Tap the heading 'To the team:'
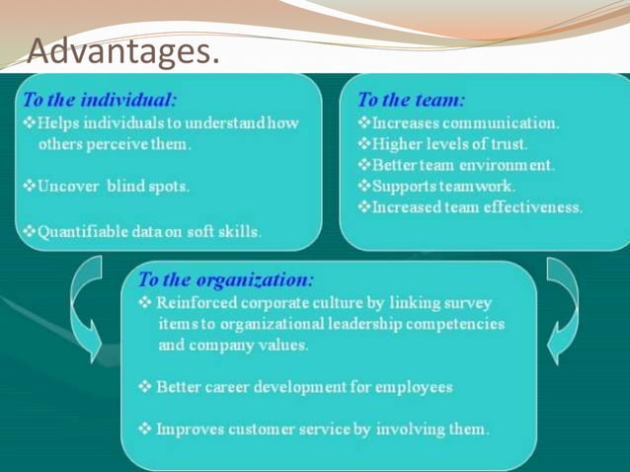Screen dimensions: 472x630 click(x=411, y=100)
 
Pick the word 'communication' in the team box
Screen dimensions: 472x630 click(x=505, y=123)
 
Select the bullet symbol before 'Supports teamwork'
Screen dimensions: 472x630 click(x=364, y=186)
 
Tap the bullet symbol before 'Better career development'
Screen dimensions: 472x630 click(x=145, y=387)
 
